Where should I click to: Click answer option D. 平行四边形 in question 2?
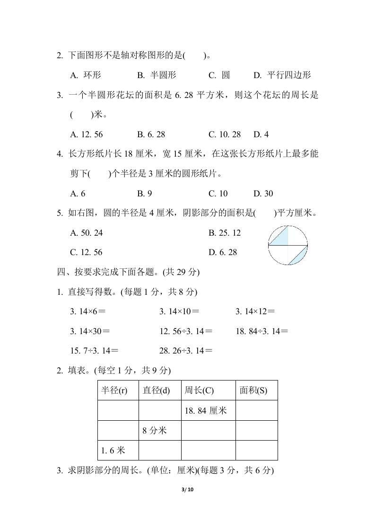click(282, 75)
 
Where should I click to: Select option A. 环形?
click(86, 75)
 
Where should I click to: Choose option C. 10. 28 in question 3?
click(225, 134)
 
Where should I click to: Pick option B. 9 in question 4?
click(145, 194)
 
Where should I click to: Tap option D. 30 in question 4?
click(263, 194)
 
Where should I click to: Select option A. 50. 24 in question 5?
click(87, 233)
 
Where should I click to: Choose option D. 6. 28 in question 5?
click(223, 252)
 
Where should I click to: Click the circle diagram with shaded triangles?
click(288, 245)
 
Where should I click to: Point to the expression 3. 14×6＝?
click(88, 311)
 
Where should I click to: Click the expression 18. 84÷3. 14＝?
click(262, 331)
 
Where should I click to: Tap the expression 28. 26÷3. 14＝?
click(186, 351)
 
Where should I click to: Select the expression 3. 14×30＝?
click(90, 331)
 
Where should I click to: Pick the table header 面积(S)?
click(253, 390)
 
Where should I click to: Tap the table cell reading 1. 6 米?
click(113, 451)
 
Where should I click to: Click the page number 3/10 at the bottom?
click(188, 490)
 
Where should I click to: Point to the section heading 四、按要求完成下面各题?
click(128, 272)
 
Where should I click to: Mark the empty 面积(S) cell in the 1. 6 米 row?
click(256, 451)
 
